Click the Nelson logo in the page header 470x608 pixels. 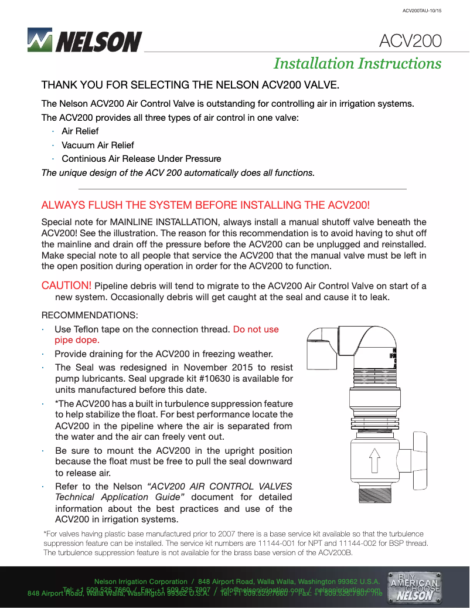click(85, 40)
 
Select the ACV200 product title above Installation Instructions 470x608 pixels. click(410, 41)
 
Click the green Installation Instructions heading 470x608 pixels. click(357, 63)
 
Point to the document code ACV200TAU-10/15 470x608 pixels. click(421, 11)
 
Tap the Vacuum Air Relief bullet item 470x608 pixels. click(97, 145)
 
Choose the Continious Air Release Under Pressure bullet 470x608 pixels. click(141, 158)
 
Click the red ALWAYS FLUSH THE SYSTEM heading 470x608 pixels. click(206, 205)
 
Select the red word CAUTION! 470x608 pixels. click(66, 286)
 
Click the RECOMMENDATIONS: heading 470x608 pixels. click(90, 315)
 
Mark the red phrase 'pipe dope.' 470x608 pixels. click(77, 339)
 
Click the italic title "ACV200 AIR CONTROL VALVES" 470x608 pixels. click(220, 486)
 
